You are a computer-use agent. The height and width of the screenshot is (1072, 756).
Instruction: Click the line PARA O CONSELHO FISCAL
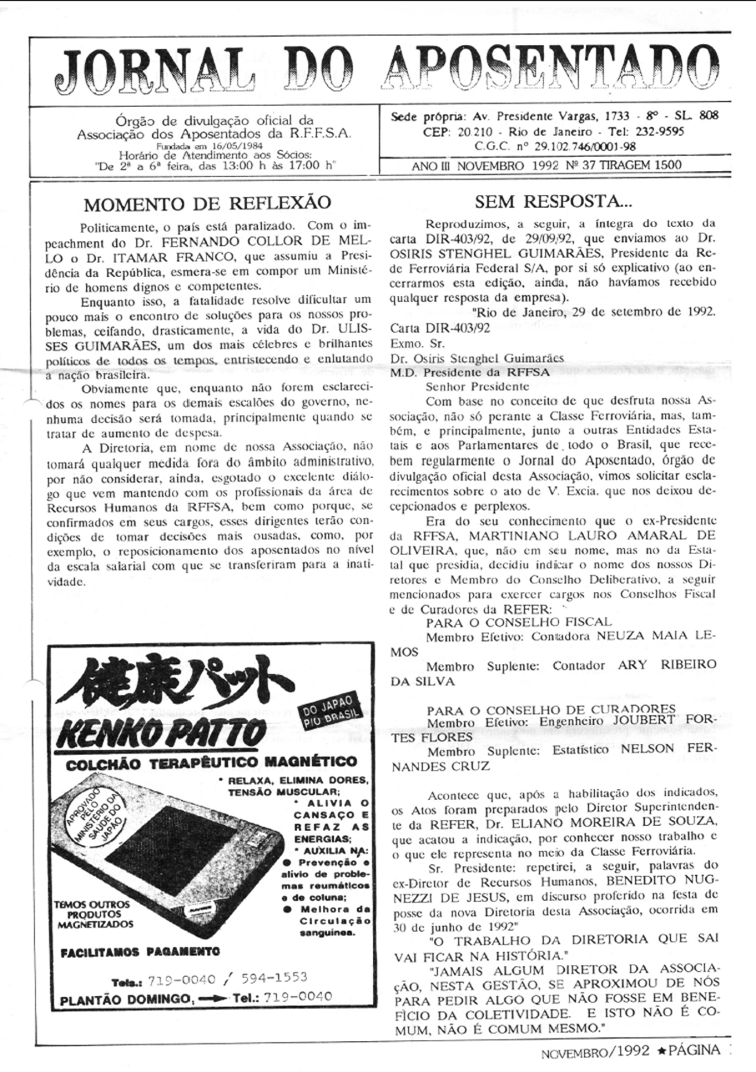click(518, 622)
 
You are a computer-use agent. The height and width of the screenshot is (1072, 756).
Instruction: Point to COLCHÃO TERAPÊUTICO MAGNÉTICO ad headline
click(212, 762)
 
